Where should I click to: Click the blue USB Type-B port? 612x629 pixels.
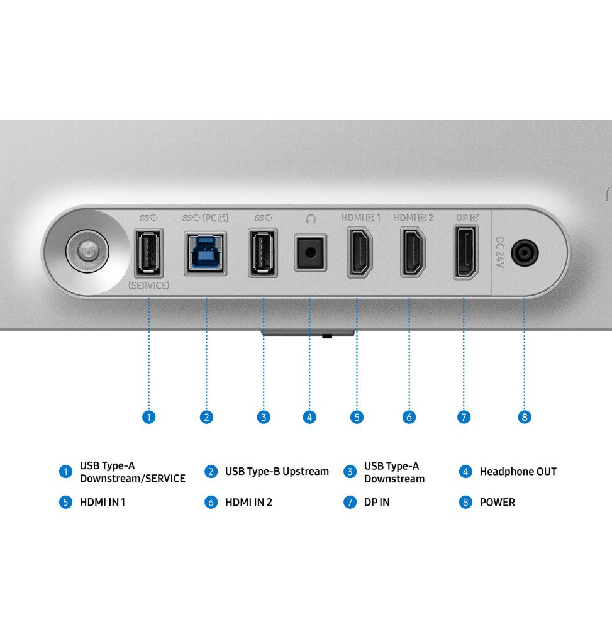206,253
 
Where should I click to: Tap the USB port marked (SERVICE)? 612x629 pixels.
149,253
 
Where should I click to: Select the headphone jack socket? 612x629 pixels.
310,253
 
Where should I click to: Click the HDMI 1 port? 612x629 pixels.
359,252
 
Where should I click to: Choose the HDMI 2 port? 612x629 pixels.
413,252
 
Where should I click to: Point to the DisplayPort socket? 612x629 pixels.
465,252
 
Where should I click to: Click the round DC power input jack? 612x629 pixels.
525,253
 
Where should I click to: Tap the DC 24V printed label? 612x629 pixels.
499,252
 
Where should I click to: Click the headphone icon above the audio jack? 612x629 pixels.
311,219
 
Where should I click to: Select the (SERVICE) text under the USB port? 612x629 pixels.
149,286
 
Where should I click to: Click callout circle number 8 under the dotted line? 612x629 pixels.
524,417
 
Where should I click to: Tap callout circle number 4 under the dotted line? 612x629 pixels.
309,417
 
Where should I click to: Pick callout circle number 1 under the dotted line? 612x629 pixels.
149,417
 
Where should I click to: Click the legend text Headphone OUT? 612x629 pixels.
518,472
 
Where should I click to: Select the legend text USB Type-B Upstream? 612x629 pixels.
277,472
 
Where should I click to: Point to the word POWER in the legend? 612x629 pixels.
498,502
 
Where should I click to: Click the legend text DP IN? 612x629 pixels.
377,502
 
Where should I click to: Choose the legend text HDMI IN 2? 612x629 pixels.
248,502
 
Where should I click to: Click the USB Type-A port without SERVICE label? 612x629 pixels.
263,253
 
